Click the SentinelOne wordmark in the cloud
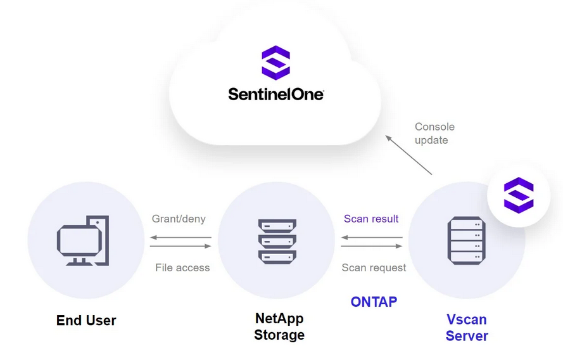[275, 94]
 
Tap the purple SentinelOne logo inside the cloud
[275, 62]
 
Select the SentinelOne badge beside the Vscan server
[518, 195]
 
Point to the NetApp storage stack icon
[277, 241]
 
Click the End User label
[86, 320]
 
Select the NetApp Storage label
[279, 326]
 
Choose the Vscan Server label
[467, 327]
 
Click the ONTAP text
[374, 302]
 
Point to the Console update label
[434, 133]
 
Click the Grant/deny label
[179, 219]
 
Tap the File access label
[182, 267]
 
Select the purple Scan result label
[371, 219]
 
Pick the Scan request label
[374, 267]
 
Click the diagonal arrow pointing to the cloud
[408, 154]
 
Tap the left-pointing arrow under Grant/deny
[180, 238]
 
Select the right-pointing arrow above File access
[180, 246]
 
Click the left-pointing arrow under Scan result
[372, 238]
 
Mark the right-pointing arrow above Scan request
[372, 246]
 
